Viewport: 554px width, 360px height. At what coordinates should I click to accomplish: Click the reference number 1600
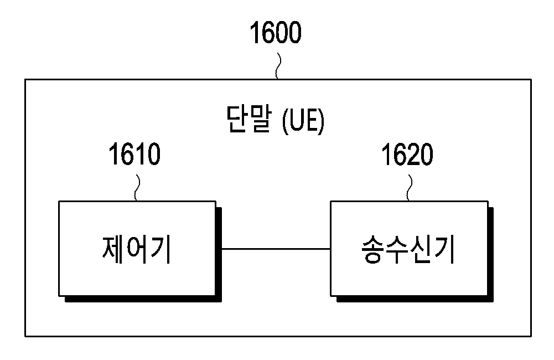point(276,32)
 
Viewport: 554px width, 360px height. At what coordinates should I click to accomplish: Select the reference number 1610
point(134,154)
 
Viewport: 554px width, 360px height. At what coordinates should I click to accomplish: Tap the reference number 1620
point(407,155)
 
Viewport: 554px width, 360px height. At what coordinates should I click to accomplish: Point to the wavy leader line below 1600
point(278,66)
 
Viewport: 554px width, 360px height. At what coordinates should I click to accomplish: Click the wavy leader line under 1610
point(137,188)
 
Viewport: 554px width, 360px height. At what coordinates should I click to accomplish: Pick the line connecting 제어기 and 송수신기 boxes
point(276,249)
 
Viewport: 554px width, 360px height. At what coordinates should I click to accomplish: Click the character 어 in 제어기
point(137,249)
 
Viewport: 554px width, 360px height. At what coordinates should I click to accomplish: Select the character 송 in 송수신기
point(373,249)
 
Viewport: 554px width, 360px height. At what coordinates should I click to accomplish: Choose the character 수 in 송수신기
point(397,249)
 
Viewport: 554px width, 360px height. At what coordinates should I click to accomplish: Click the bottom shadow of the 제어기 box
point(143,299)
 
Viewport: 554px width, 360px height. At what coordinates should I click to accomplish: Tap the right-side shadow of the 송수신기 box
point(491,255)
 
